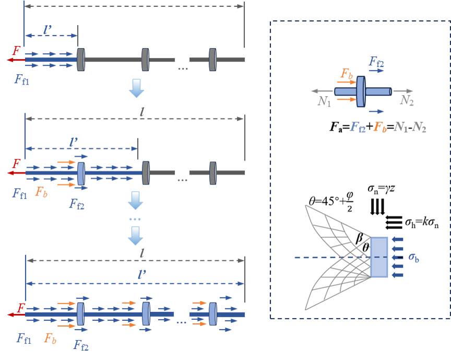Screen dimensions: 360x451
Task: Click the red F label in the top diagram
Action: [x=17, y=51]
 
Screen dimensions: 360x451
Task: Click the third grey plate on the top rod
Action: [x=212, y=59]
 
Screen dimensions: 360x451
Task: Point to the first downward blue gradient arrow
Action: [x=136, y=88]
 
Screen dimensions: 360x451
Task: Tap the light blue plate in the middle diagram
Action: [x=81, y=172]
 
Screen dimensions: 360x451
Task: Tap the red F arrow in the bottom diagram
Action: [x=16, y=315]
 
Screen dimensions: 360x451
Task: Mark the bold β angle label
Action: [x=360, y=237]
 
